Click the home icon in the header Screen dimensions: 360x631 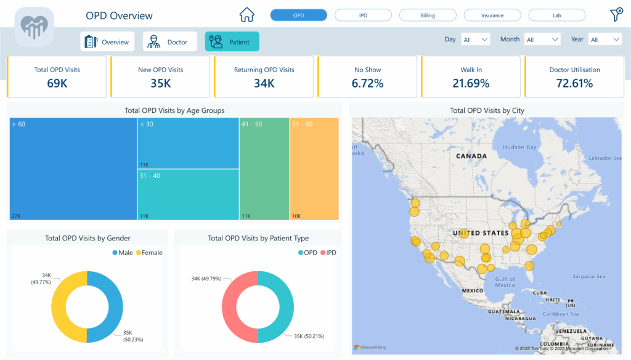click(246, 15)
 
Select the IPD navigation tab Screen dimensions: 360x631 click(363, 15)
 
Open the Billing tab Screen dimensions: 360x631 click(428, 15)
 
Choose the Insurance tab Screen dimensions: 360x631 click(492, 15)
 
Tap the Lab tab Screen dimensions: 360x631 click(556, 15)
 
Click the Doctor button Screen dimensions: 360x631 click(169, 42)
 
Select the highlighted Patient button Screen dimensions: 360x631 click(232, 42)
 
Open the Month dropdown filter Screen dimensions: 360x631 click(542, 39)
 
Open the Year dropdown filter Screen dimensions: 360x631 click(605, 39)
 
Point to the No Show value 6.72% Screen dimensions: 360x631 click(367, 83)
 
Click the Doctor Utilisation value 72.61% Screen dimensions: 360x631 click(574, 83)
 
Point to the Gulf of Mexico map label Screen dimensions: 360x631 click(505, 282)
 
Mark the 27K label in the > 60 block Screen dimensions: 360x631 click(15, 216)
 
